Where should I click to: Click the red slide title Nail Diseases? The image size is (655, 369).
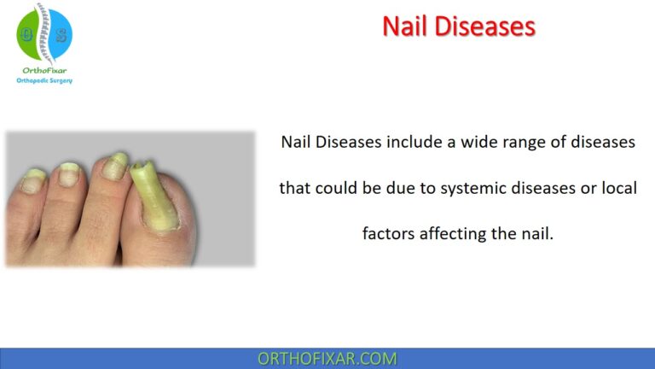[x=459, y=26]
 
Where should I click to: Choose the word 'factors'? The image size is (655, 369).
[x=389, y=233]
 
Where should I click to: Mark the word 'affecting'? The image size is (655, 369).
[x=453, y=233]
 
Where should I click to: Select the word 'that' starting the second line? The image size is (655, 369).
[x=294, y=188]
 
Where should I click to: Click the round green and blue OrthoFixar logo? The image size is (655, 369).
[x=44, y=33]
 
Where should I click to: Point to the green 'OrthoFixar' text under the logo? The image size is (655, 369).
[x=44, y=71]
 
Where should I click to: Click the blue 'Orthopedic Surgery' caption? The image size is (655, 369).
[x=44, y=81]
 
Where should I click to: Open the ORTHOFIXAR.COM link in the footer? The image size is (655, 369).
[x=327, y=359]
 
